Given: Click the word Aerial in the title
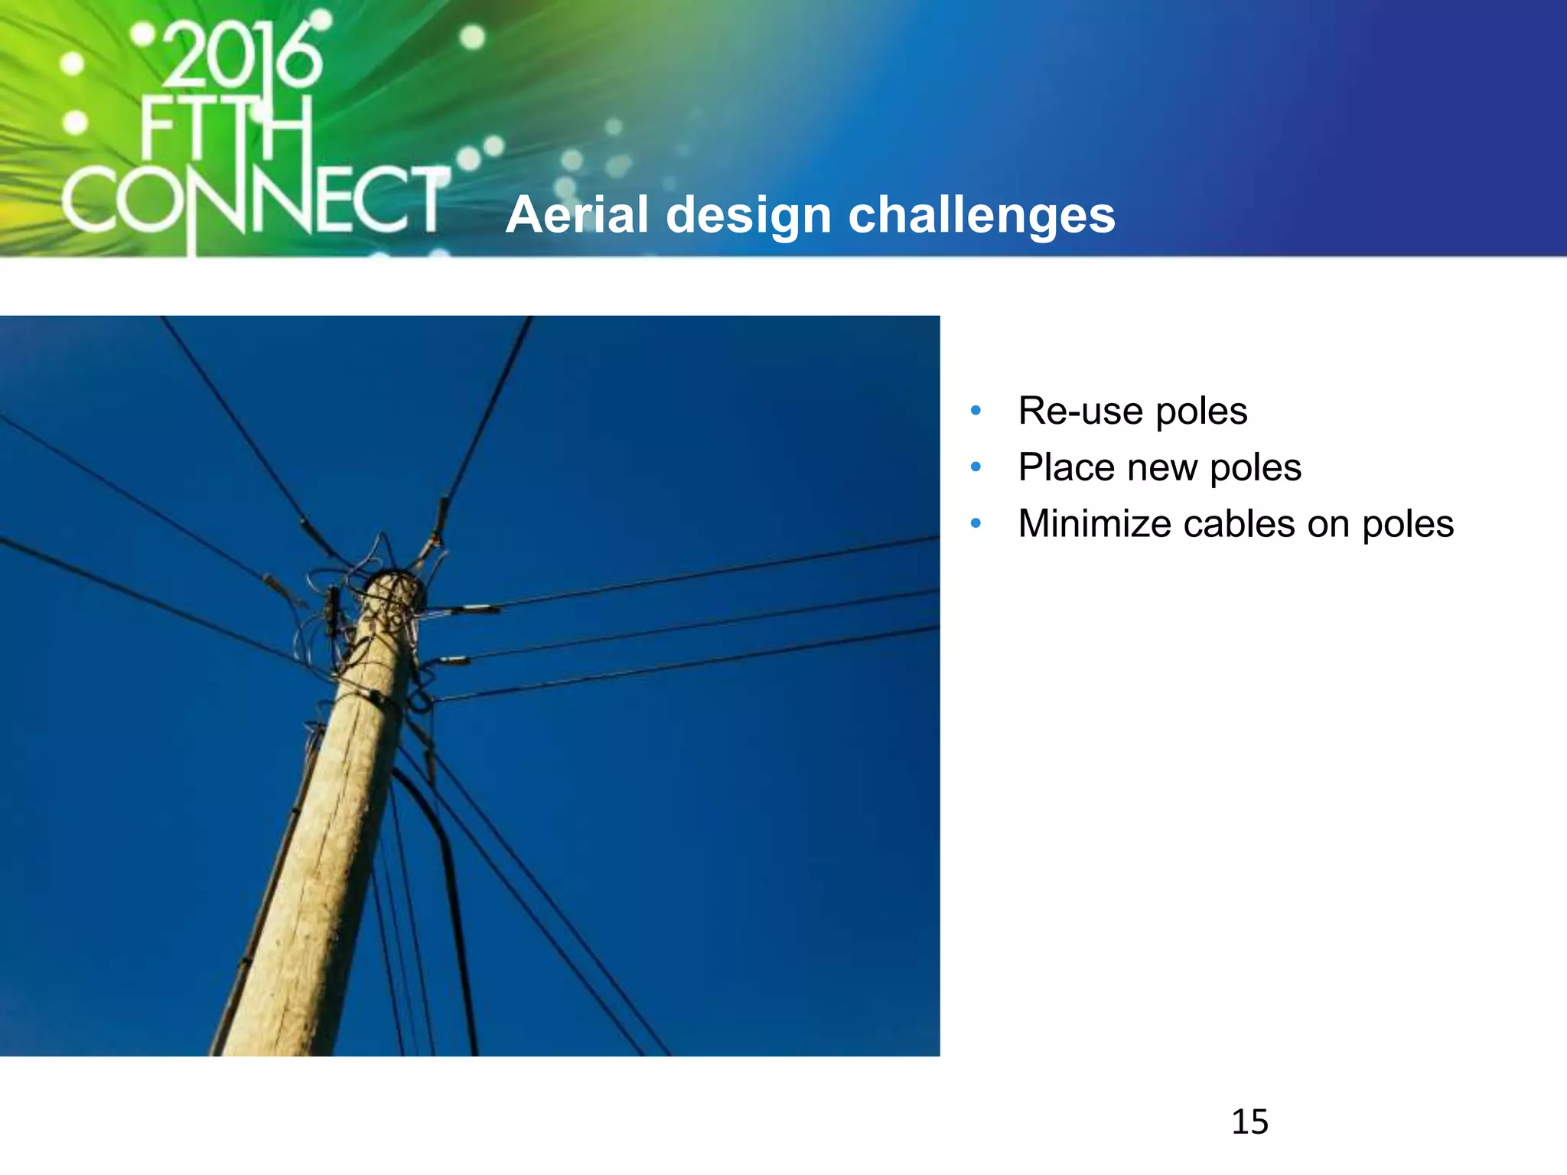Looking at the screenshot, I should [578, 215].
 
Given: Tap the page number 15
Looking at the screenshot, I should [1249, 1122].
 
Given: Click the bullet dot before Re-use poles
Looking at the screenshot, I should [976, 411].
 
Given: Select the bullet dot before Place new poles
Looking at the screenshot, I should [976, 467].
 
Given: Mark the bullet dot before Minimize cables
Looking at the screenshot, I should [976, 523].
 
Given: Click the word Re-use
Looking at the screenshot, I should [1080, 411].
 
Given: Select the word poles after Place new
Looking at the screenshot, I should [1256, 468].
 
